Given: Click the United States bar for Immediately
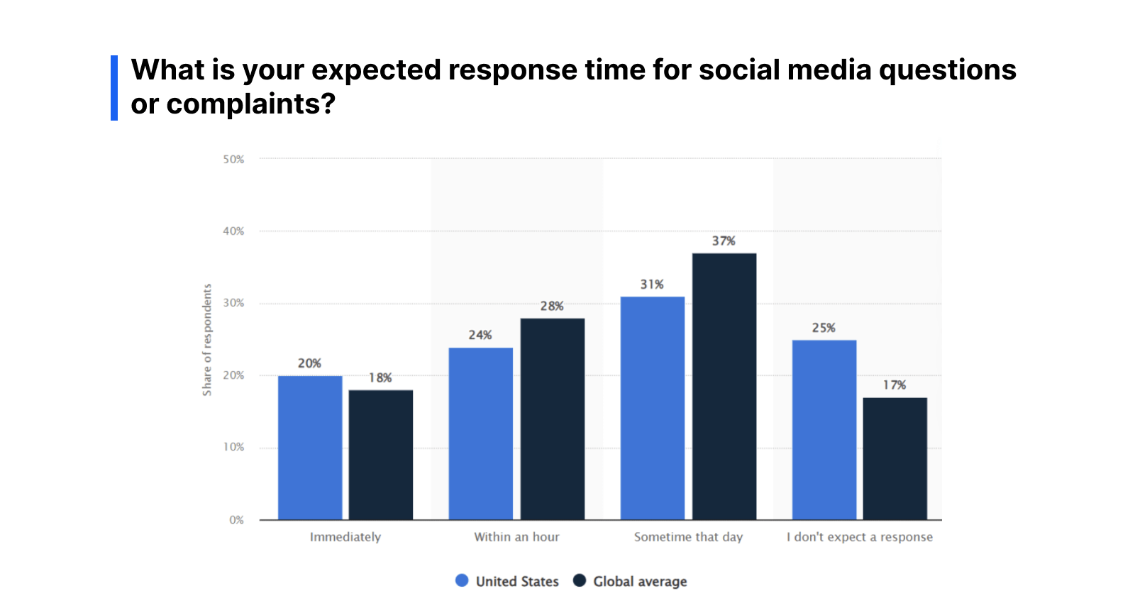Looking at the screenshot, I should pyautogui.click(x=309, y=448).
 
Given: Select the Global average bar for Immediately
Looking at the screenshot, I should pyautogui.click(x=380, y=455).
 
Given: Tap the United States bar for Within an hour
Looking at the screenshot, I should pyautogui.click(x=480, y=433).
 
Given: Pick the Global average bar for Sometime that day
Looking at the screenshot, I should pyautogui.click(x=724, y=387).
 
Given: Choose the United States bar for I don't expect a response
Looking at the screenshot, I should pyautogui.click(x=824, y=430).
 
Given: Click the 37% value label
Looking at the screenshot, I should pyautogui.click(x=724, y=241).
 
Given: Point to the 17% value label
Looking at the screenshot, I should pyautogui.click(x=895, y=385).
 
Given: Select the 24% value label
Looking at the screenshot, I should pyautogui.click(x=480, y=335).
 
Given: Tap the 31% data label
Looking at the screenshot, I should pyautogui.click(x=652, y=285).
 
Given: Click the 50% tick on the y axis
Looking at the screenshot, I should pyautogui.click(x=233, y=160).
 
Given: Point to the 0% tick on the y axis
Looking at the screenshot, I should pyautogui.click(x=236, y=520).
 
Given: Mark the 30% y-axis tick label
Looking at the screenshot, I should pyautogui.click(x=233, y=303).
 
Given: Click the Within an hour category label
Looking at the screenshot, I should pyautogui.click(x=516, y=537).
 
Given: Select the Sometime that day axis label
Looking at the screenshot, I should pyautogui.click(x=688, y=537).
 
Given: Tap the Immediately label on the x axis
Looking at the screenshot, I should pyautogui.click(x=345, y=537).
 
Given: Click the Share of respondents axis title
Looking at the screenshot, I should pyautogui.click(x=207, y=340).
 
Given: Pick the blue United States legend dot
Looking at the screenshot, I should pyautogui.click(x=462, y=581).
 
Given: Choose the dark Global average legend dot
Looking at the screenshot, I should pyautogui.click(x=580, y=581).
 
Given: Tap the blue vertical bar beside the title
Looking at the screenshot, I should pyautogui.click(x=114, y=88).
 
